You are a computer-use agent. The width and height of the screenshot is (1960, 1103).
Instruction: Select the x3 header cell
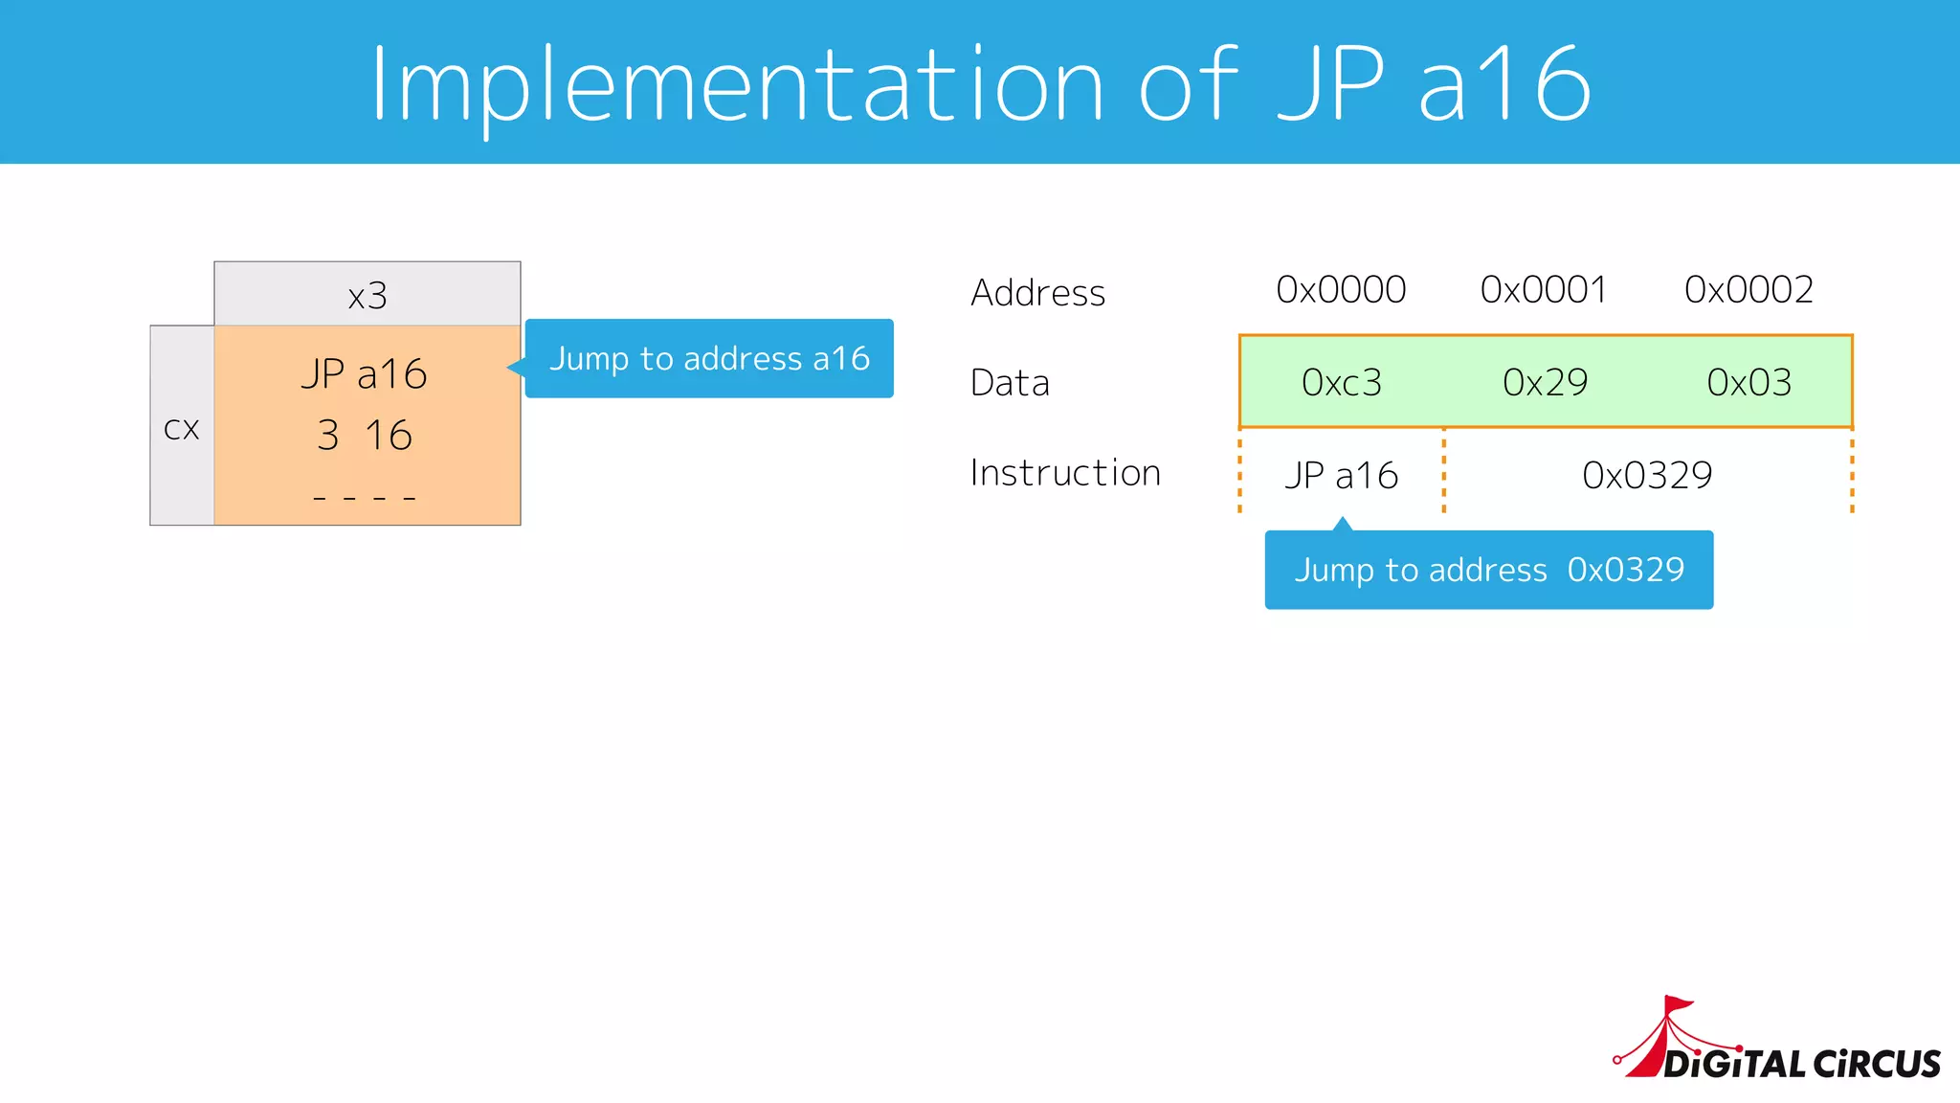(x=367, y=295)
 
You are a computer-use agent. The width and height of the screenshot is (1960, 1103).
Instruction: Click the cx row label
(x=182, y=428)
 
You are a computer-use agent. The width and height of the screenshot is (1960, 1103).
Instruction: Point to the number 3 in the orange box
(x=328, y=436)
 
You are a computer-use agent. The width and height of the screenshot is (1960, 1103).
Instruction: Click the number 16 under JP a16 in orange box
(x=389, y=436)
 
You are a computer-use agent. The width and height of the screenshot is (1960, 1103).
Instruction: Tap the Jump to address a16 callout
(x=709, y=359)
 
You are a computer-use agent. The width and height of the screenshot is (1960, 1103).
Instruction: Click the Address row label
(x=1038, y=293)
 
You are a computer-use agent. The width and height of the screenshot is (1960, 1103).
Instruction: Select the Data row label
(x=1011, y=383)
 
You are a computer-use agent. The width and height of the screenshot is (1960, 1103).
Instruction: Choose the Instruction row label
(x=1065, y=473)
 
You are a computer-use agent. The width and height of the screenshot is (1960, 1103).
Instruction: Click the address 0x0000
(x=1341, y=289)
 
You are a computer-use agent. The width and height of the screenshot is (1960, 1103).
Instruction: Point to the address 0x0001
(x=1544, y=289)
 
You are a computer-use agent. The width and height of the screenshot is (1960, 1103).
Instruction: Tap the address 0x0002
(x=1748, y=289)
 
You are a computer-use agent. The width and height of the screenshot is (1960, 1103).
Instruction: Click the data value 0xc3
(x=1342, y=383)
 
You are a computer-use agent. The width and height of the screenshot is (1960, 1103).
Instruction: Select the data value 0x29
(x=1545, y=383)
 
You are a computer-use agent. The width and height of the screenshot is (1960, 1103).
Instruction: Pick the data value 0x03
(x=1749, y=383)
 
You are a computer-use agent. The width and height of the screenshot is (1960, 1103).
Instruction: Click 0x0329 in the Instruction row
(x=1647, y=475)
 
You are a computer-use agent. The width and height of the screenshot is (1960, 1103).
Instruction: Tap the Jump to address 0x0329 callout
(x=1489, y=571)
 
